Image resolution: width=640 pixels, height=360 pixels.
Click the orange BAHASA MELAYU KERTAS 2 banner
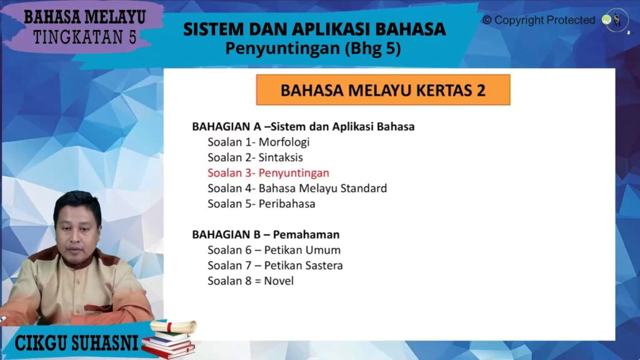383,90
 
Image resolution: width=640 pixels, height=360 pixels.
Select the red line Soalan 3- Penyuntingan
268,173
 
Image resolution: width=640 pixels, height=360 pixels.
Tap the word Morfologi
284,142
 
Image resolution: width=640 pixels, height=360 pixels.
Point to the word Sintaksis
281,157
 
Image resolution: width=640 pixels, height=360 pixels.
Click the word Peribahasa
287,204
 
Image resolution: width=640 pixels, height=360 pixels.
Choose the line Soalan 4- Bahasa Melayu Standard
297,188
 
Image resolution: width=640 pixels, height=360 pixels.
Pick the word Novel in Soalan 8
279,281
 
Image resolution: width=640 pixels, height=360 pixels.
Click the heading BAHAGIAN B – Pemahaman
266,235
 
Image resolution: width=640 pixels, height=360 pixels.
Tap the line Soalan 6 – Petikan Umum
274,250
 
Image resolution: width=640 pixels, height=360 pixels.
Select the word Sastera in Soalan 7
324,265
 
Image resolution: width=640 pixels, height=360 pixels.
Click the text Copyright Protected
539,20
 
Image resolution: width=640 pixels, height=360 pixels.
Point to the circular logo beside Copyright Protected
616,21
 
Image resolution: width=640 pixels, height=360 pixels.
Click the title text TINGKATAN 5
85,37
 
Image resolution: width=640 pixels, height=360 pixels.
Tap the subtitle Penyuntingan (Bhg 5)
313,49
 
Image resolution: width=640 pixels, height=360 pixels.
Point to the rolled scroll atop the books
174,326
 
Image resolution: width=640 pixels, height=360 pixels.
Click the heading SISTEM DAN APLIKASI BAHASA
314,29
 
